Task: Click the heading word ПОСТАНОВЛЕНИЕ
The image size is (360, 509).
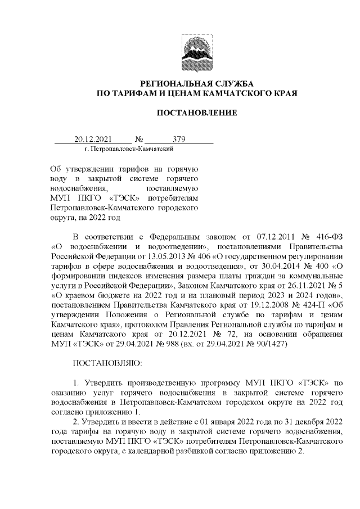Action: [x=196, y=113]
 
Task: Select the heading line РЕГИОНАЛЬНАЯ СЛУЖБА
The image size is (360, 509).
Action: [x=196, y=82]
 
